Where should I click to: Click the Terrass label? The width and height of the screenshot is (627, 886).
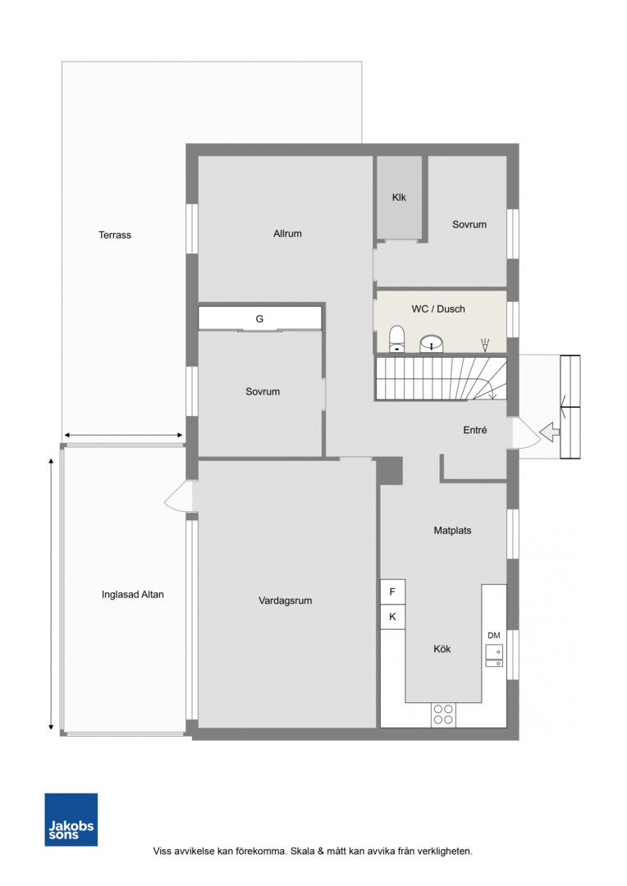(115, 235)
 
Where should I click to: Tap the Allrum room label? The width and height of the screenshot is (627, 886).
(287, 233)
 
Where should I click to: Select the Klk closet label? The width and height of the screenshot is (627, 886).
(399, 197)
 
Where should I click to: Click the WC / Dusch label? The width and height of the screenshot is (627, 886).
(438, 309)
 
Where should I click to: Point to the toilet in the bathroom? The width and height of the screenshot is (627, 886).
(397, 339)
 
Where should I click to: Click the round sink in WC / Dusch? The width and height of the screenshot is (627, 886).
(432, 344)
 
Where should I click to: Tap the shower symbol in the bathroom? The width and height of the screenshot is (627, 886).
(484, 345)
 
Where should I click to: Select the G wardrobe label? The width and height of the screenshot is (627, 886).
(259, 318)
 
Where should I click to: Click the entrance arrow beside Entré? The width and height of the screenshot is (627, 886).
(550, 433)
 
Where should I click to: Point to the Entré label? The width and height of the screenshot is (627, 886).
(475, 430)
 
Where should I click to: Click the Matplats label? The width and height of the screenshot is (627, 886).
(452, 531)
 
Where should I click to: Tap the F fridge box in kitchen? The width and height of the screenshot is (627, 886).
(392, 592)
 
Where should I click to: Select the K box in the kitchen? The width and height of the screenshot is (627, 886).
(392, 617)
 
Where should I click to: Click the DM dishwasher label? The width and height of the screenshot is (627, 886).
(493, 636)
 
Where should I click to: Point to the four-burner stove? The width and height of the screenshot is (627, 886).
(444, 715)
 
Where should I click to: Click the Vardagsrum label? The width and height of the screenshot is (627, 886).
(285, 601)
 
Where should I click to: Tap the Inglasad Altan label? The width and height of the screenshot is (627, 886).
(133, 595)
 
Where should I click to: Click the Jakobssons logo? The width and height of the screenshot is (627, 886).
(71, 820)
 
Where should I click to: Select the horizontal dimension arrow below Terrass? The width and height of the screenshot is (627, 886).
(123, 435)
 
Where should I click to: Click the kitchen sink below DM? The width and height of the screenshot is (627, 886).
(494, 655)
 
